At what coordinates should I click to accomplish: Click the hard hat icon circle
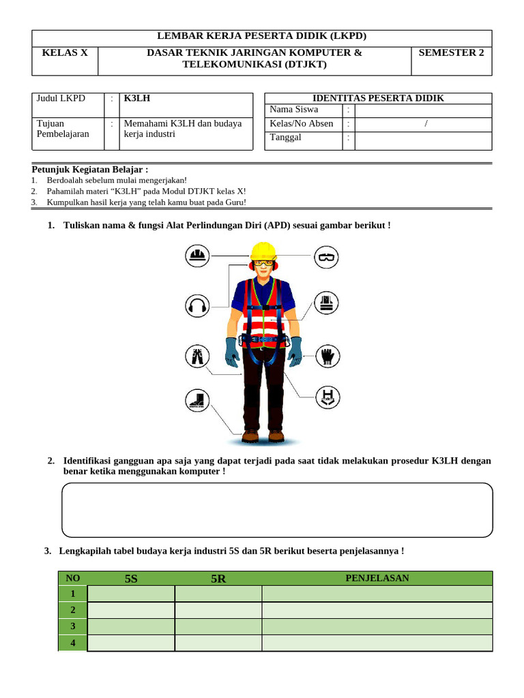(x=197, y=256)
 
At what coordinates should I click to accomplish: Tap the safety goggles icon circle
(x=327, y=257)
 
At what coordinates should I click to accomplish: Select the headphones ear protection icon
(x=197, y=305)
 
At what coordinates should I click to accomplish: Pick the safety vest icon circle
(x=327, y=303)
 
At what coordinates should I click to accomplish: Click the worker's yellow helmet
(x=263, y=250)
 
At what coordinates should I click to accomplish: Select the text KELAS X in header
(x=65, y=52)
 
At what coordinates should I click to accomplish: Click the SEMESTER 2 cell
(x=451, y=52)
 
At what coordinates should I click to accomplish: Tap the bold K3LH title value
(x=137, y=98)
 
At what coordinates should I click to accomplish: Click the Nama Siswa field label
(x=293, y=109)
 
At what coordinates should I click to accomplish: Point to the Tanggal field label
(x=286, y=137)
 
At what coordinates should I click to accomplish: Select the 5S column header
(x=131, y=579)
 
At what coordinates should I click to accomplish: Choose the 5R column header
(x=218, y=579)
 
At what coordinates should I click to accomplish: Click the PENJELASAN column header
(x=377, y=578)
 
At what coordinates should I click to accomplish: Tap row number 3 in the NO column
(x=73, y=626)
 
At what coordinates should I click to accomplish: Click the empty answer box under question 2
(x=277, y=510)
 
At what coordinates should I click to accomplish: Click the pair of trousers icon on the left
(x=197, y=355)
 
